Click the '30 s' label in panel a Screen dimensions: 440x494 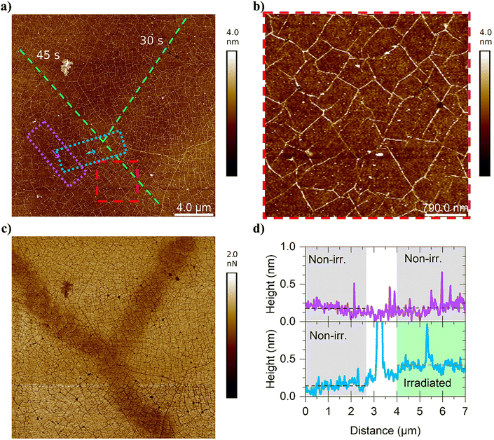(x=151, y=41)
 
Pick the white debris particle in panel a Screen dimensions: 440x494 (x=67, y=67)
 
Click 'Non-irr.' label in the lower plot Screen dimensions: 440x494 (x=331, y=335)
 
